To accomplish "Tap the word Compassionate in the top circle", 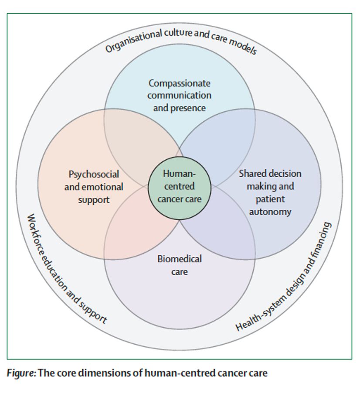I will click(x=179, y=83).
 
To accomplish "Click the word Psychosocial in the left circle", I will click(x=94, y=174).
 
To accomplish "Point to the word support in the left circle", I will click(x=94, y=200).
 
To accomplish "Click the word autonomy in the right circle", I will click(x=270, y=212).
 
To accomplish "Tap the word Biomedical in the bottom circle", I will click(x=179, y=259).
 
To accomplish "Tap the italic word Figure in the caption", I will click(x=21, y=373).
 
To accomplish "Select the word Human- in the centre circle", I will click(x=179, y=174).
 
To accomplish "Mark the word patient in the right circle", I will click(x=270, y=199).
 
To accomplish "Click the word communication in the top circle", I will click(x=179, y=95).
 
